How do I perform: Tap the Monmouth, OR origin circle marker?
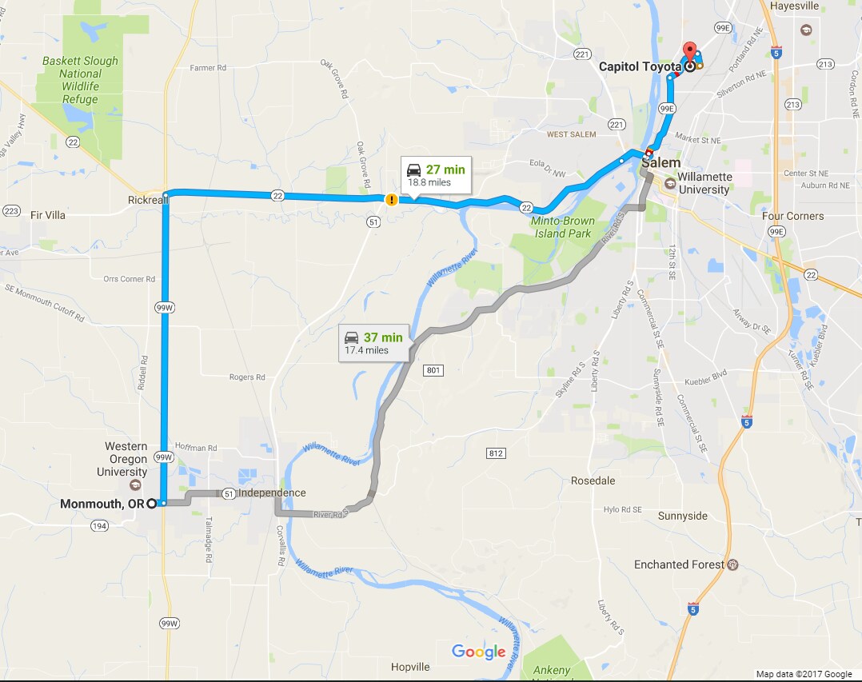151,504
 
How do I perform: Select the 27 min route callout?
436,175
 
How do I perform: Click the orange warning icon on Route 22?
392,200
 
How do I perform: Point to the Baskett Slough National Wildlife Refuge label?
80,80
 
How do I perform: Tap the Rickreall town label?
144,200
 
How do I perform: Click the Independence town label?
272,493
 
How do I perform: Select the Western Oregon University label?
126,459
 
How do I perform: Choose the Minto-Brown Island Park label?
561,227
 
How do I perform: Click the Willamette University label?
703,183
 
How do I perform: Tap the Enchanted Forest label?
679,564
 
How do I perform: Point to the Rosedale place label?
593,481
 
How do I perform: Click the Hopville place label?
410,667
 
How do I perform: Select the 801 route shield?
433,370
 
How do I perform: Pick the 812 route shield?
496,453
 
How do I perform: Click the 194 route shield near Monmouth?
99,525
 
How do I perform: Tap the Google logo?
478,652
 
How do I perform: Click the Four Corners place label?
792,216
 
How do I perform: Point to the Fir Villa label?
47,215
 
